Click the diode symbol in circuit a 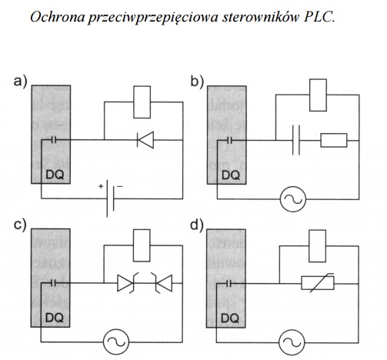145,140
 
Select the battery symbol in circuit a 110,198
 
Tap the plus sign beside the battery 101,186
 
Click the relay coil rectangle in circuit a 142,102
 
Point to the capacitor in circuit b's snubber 296,140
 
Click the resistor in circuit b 334,140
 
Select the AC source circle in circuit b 293,199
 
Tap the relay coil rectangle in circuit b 318,95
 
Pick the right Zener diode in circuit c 162,283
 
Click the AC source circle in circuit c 116,342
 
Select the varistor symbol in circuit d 318,283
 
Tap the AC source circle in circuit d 292,342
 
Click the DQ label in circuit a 55,175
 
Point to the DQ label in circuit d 230,318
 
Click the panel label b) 197,82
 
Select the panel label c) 20,225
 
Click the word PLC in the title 319,17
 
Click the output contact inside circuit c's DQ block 53,283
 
